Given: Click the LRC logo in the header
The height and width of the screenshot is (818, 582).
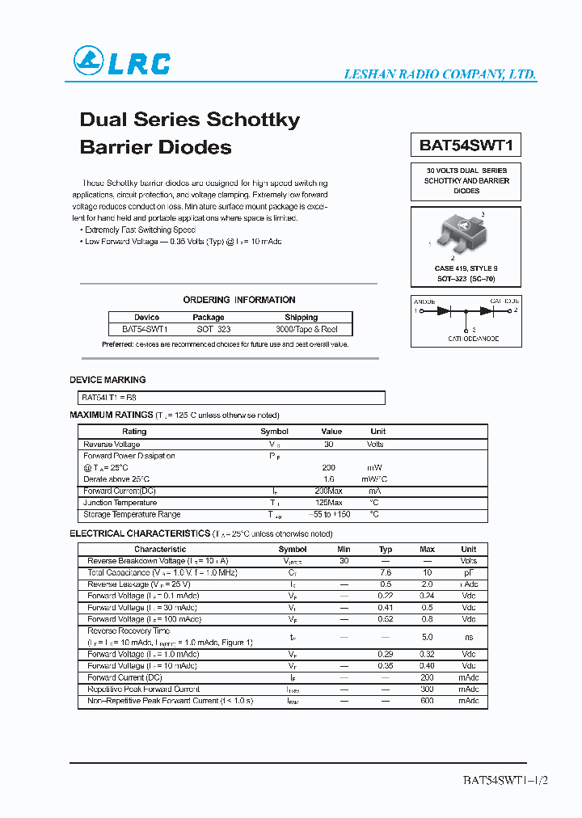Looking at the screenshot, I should (122, 61).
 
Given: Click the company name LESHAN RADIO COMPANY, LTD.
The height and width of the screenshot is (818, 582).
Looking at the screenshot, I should (441, 74).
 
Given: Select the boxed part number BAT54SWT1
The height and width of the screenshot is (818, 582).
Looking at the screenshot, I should (466, 145).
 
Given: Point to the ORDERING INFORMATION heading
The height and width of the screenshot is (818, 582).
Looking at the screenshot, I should (239, 300).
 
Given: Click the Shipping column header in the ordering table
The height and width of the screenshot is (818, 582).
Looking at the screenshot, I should (302, 318).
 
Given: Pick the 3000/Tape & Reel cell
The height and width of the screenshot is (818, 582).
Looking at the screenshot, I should (306, 329).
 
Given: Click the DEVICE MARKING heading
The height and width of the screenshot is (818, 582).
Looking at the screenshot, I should (108, 379).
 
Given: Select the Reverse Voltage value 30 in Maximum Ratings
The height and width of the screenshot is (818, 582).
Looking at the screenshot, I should (328, 444).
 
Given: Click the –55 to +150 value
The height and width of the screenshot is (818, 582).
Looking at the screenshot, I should (332, 515).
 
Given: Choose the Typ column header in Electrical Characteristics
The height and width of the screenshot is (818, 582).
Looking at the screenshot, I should (386, 549).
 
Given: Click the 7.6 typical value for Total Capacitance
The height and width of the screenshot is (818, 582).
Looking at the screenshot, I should (386, 572).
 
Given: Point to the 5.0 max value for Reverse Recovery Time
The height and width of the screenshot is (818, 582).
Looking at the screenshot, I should (428, 637).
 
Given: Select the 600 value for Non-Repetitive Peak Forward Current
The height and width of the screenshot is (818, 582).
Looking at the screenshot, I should (428, 701).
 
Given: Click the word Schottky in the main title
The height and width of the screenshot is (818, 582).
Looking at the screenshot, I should (254, 120).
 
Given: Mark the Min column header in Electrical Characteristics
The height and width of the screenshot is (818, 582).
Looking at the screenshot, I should (344, 549).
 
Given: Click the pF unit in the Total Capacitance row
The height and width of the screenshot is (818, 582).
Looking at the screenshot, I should (469, 572).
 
